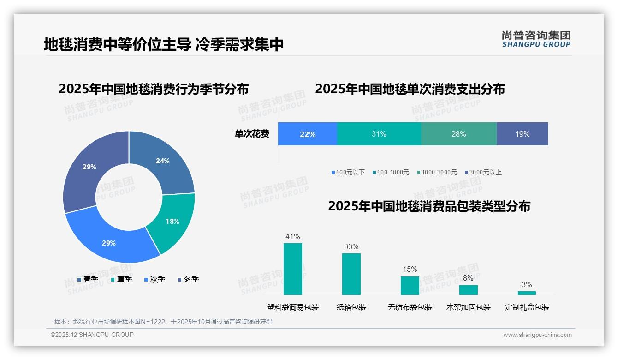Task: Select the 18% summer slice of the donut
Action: point(172,221)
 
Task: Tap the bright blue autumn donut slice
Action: point(109,242)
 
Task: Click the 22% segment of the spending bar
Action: point(308,134)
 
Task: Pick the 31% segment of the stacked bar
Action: point(379,134)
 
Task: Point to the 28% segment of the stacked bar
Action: point(458,134)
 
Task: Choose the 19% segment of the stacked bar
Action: point(522,134)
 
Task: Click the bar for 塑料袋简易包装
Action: point(293,269)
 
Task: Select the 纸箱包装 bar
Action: point(351,274)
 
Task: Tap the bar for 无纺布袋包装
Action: point(410,286)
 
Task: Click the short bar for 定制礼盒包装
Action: point(527,293)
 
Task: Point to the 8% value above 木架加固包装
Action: point(468,278)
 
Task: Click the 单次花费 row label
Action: point(252,134)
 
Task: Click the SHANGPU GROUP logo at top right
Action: point(536,39)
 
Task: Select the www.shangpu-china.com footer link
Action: point(537,335)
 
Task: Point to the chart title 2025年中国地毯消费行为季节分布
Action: point(154,89)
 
